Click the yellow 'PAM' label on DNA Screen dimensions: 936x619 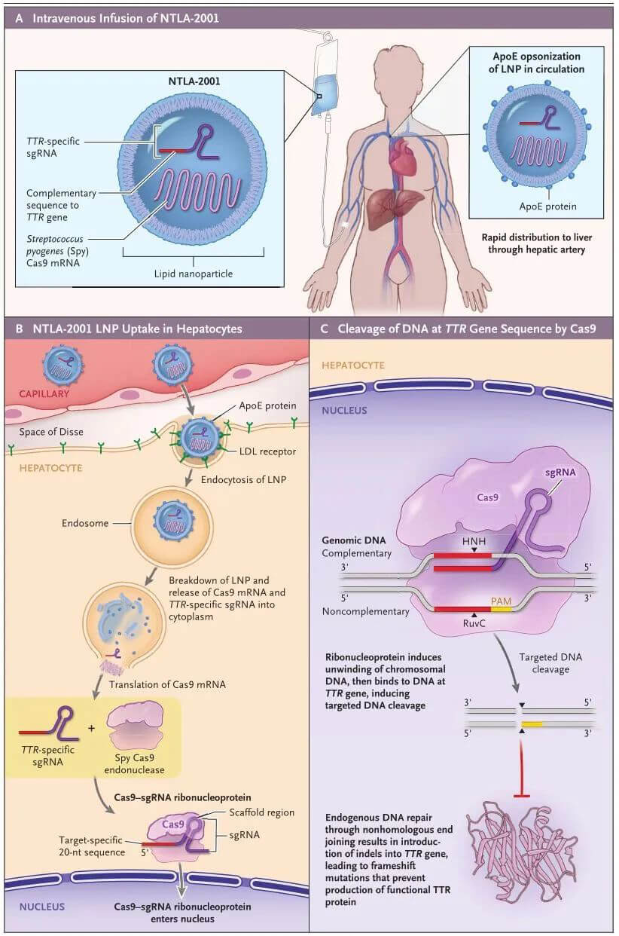[x=501, y=601]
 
